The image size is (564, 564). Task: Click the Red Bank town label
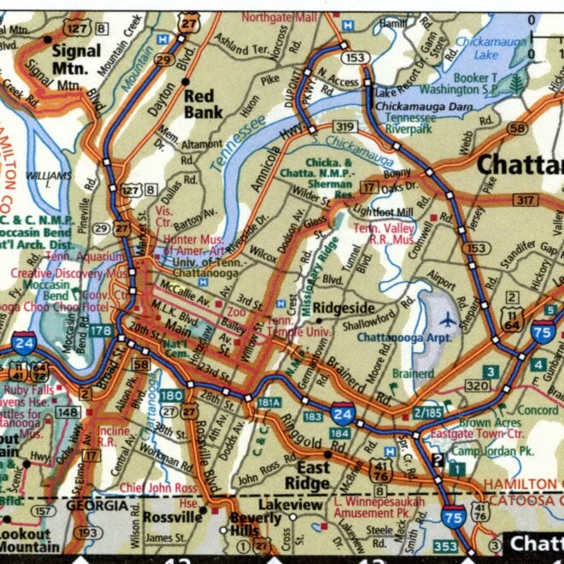[x=204, y=103]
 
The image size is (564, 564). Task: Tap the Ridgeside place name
[x=343, y=308]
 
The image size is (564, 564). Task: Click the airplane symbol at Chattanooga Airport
[x=447, y=320]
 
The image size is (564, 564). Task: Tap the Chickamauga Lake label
[x=488, y=48]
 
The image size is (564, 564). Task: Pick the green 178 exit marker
[x=100, y=331]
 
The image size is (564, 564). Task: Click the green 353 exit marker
[x=444, y=545]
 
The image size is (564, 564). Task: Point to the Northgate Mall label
[x=279, y=16]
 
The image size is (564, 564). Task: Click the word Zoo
[x=236, y=314]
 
